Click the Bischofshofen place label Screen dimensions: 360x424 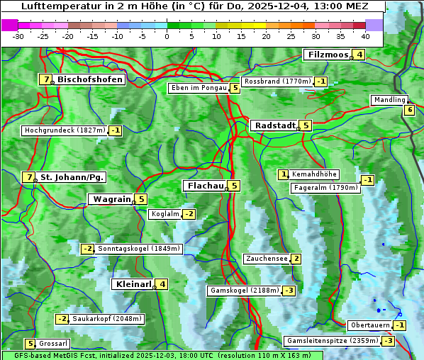coord(90,79)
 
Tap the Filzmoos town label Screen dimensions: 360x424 coord(328,55)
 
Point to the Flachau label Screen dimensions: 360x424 coord(204,186)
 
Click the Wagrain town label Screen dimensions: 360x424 coord(111,199)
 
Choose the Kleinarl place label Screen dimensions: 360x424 coord(133,284)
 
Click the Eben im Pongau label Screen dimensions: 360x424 coord(198,88)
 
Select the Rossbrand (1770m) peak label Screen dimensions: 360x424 coord(277,81)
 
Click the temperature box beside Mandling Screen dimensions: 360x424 coord(409,110)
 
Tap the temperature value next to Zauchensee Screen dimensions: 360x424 coord(296,259)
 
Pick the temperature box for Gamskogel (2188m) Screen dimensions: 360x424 coord(289,291)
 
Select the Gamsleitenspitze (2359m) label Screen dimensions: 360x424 coord(331,341)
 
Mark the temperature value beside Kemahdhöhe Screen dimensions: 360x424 coord(284,174)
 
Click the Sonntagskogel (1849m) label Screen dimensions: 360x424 coord(140,249)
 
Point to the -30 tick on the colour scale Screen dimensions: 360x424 coord(18,36)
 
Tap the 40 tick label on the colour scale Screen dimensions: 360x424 coord(365,36)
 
